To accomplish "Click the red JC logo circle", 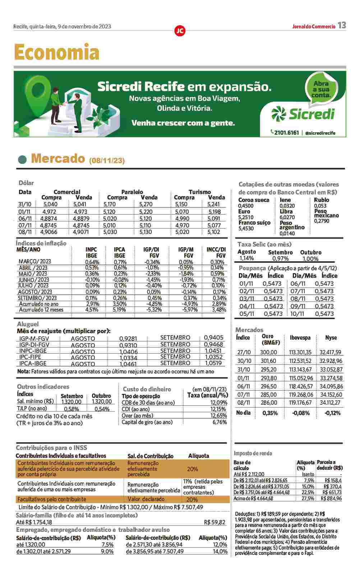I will (x=180, y=31).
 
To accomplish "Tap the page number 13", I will (x=342, y=25).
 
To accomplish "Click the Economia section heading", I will (x=57, y=53).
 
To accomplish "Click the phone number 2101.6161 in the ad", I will (x=286, y=133).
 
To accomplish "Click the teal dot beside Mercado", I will (x=23, y=159).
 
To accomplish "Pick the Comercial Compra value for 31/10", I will (x=51, y=204).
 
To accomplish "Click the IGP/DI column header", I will (x=151, y=252).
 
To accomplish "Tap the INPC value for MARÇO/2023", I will (x=92, y=262).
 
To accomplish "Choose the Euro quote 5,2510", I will (x=246, y=217).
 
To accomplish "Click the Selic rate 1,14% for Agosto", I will (x=246, y=258).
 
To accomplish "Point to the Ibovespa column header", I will (x=300, y=338).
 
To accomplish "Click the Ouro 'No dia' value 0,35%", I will (x=270, y=413).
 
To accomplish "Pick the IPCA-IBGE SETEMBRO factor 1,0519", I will (x=213, y=363).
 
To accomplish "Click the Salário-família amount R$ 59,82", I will (x=214, y=522).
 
